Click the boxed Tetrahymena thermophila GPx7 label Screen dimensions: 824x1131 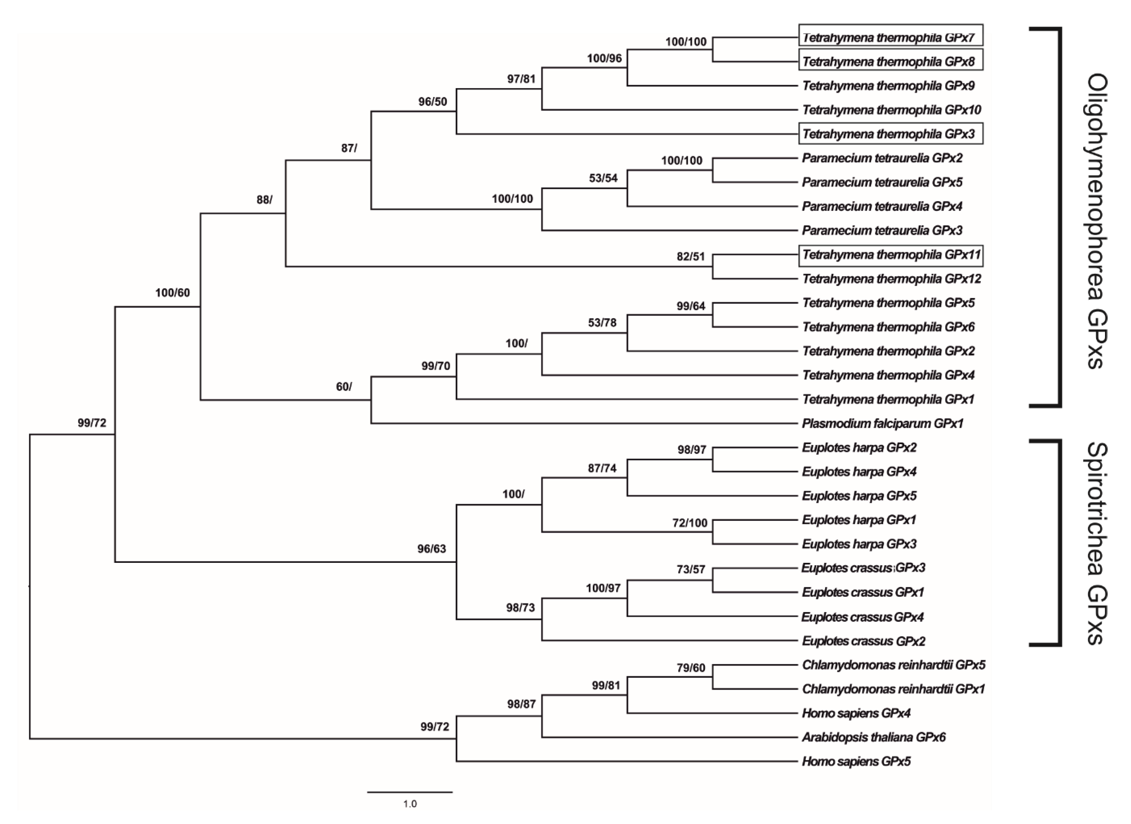pos(890,37)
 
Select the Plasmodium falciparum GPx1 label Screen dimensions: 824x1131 pos(882,424)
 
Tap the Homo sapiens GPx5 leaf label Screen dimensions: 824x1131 pos(856,761)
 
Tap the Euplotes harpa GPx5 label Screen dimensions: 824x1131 pos(859,495)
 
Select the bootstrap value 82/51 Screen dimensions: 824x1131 pos(691,256)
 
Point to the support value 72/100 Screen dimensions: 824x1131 pos(690,523)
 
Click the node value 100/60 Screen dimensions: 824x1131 pos(173,293)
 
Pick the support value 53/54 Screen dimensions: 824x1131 pos(603,178)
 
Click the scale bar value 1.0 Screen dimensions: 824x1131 pos(410,804)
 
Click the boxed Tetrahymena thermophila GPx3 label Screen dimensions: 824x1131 pos(890,134)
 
